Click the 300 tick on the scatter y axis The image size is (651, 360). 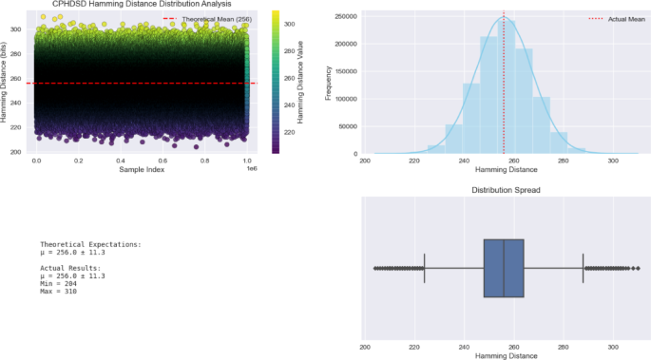tap(16, 29)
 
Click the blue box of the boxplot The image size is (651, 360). tap(504, 269)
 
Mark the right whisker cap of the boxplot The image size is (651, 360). tap(583, 269)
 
